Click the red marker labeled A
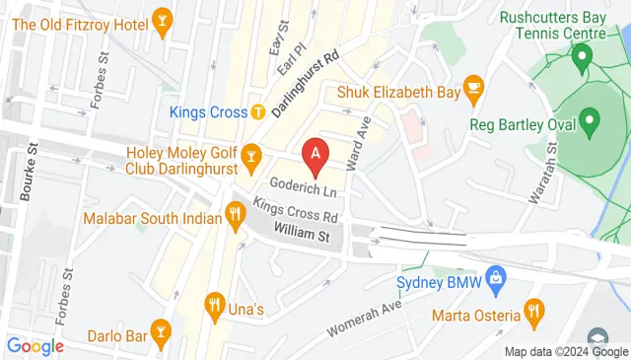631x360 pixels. (315, 154)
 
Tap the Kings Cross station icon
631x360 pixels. (257, 111)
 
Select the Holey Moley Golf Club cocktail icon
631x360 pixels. (250, 156)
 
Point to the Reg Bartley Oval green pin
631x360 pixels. (591, 123)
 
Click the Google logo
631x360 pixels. (35, 345)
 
